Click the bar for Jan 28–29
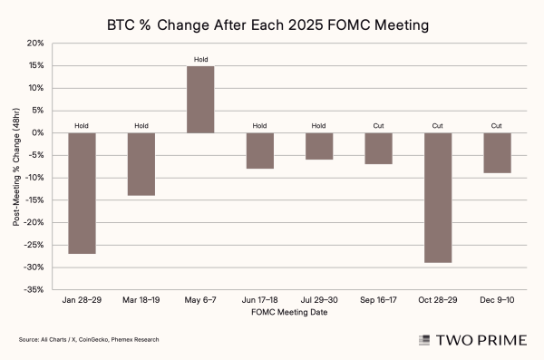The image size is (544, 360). [x=83, y=193]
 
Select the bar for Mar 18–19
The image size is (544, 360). [x=141, y=164]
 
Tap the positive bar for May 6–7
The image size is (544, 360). [x=200, y=100]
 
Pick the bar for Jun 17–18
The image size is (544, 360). [x=260, y=151]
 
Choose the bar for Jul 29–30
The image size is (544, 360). [x=319, y=146]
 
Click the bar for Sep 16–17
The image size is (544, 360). [x=378, y=149]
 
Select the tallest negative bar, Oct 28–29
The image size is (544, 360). [x=438, y=198]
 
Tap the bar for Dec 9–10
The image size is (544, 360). [x=497, y=153]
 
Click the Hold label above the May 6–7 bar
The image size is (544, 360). [x=200, y=60]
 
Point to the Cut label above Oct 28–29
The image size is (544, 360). [x=438, y=126]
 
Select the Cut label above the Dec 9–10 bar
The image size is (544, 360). [x=497, y=126]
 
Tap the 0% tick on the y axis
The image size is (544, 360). [x=37, y=133]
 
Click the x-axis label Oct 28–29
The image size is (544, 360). [x=438, y=298]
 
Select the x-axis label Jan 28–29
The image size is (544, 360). [x=83, y=298]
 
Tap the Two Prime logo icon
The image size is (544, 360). [x=423, y=340]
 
